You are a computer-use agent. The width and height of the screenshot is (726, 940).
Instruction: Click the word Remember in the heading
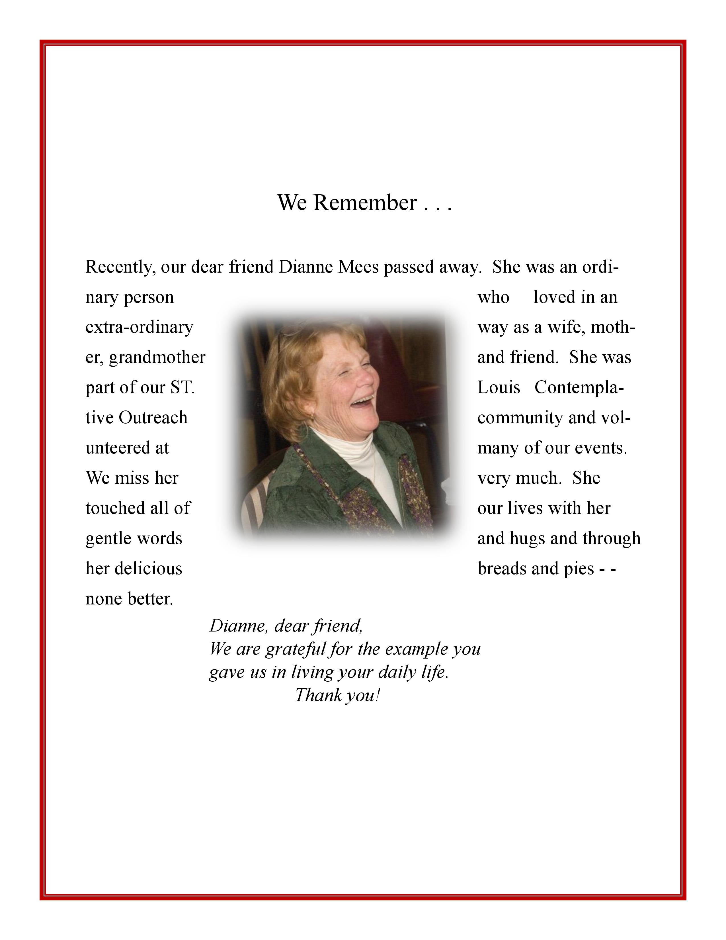click(365, 203)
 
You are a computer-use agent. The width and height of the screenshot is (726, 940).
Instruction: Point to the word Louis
click(499, 388)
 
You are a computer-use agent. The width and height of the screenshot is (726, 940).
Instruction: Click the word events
click(606, 448)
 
